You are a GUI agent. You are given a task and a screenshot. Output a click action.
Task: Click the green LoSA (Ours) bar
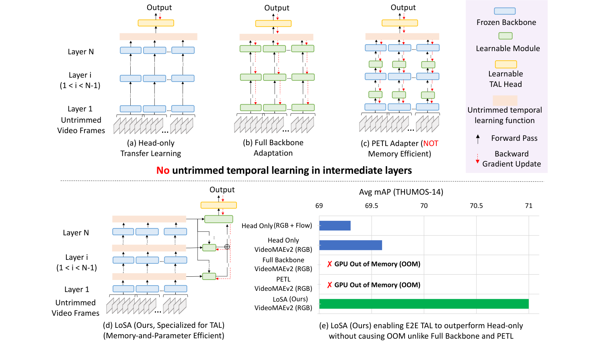[424, 304]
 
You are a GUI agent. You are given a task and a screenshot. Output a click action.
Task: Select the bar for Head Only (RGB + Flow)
[335, 226]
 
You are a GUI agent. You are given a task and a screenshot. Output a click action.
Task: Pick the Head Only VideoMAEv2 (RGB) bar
[351, 245]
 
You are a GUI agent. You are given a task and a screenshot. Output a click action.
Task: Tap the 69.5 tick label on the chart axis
[372, 206]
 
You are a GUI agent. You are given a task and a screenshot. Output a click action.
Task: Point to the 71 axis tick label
[529, 206]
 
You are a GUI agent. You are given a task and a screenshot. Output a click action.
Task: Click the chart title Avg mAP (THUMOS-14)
[401, 192]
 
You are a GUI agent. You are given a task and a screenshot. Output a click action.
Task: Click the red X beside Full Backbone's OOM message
[330, 264]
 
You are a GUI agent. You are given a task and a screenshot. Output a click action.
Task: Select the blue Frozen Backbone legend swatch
[505, 11]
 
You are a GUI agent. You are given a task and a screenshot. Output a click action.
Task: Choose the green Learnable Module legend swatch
[505, 36]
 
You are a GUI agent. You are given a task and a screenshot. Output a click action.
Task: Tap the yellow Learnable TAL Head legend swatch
[506, 64]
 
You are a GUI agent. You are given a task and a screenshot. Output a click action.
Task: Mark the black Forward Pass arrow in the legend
[478, 139]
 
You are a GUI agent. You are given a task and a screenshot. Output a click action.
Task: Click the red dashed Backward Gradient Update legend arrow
[478, 159]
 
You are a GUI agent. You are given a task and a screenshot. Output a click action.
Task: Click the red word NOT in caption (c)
[431, 144]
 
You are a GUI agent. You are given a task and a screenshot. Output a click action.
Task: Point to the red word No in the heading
[163, 171]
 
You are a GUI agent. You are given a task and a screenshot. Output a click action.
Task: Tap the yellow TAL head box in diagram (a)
[156, 23]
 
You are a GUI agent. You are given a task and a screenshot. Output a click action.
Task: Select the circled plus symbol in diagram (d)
[227, 247]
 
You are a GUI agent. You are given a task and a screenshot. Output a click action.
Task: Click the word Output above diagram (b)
[277, 8]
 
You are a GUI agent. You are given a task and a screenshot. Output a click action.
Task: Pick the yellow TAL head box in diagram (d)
[219, 206]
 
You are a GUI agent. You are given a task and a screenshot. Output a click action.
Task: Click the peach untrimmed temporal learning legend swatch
[505, 100]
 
